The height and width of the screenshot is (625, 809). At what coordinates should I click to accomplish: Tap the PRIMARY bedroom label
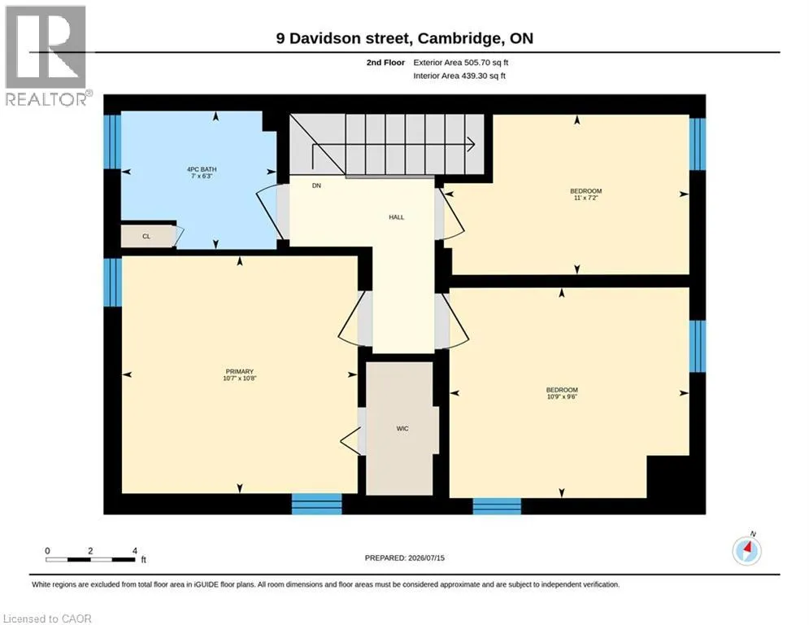pyautogui.click(x=239, y=371)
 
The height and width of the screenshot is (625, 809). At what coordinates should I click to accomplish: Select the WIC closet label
pyautogui.click(x=402, y=428)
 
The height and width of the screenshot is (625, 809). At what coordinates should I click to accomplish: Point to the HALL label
pyautogui.click(x=396, y=217)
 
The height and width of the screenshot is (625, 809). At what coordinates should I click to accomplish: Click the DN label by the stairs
pyautogui.click(x=316, y=186)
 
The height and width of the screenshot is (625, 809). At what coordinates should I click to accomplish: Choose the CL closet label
pyautogui.click(x=146, y=236)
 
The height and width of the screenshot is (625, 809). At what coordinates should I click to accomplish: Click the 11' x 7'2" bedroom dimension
pyautogui.click(x=585, y=198)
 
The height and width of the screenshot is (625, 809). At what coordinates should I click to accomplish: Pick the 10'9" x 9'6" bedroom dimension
pyautogui.click(x=562, y=396)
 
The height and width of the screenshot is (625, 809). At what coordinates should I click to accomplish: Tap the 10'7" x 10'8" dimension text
pyautogui.click(x=239, y=378)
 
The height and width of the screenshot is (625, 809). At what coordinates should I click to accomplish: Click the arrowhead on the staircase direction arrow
pyautogui.click(x=471, y=145)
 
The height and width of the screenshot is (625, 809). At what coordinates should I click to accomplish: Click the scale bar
pyautogui.click(x=91, y=559)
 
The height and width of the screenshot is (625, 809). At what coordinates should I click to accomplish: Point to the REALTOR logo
pyautogui.click(x=47, y=56)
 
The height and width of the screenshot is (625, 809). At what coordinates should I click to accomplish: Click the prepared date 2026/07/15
pyautogui.click(x=426, y=557)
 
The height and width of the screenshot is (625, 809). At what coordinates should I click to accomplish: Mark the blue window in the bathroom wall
pyautogui.click(x=112, y=142)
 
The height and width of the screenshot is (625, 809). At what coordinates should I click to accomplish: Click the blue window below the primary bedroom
pyautogui.click(x=317, y=504)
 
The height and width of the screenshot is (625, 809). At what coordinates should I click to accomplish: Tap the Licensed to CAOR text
pyautogui.click(x=47, y=618)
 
